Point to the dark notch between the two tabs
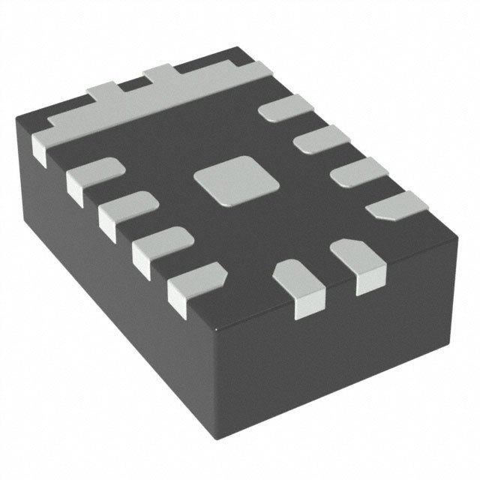(132, 85)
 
